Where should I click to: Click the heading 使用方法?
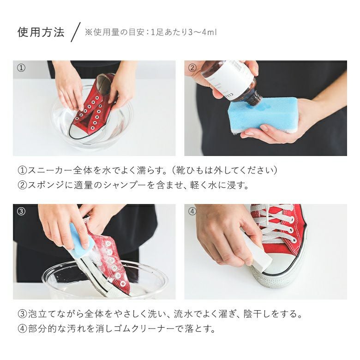pyautogui.click(x=41, y=32)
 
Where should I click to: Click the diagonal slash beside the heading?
pyautogui.click(x=76, y=32)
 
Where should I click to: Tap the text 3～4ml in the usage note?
pyautogui.click(x=203, y=32)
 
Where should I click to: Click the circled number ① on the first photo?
pyautogui.click(x=21, y=68)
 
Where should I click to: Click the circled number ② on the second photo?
pyautogui.click(x=192, y=68)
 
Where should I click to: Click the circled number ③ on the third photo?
pyautogui.click(x=21, y=211)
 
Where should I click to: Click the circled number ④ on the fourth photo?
pyautogui.click(x=192, y=211)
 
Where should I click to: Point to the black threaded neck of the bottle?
pyautogui.click(x=255, y=98)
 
